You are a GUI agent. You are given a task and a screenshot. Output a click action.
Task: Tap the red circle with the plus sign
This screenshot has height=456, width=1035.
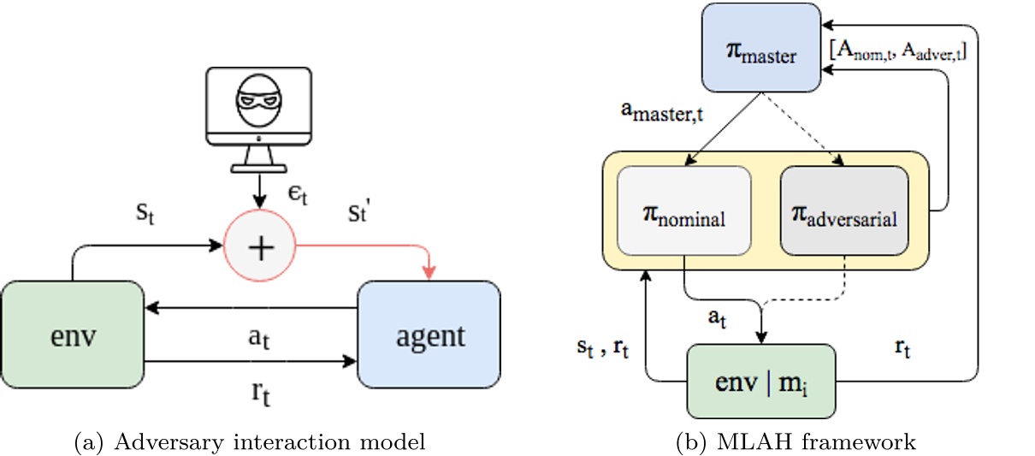[x=260, y=247]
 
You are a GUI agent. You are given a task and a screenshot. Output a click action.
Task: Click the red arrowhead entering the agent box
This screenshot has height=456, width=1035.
[x=429, y=272]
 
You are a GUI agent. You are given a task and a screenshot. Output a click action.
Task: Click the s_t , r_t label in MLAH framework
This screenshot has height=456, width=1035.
[x=605, y=348]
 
